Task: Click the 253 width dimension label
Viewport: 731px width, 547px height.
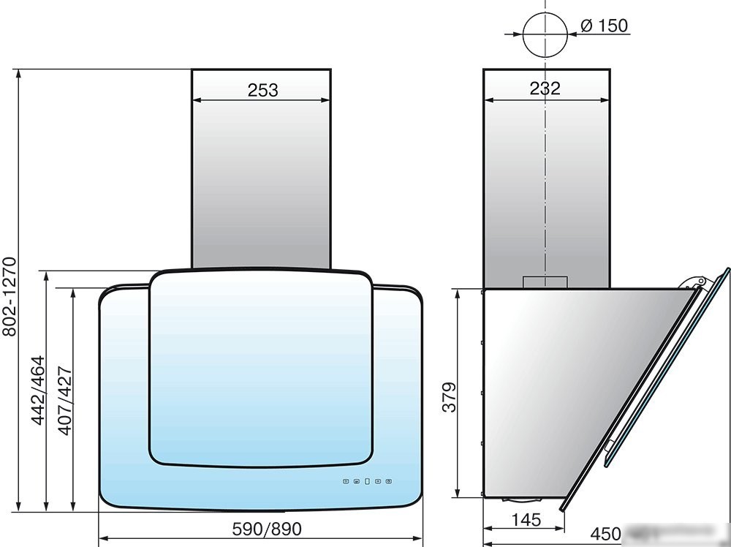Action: pos(262,90)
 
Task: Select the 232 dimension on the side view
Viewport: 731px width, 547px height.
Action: pos(545,88)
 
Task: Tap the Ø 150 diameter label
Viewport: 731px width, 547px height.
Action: pos(605,25)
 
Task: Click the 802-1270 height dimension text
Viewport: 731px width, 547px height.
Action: pos(10,297)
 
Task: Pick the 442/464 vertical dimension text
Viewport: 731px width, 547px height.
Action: pos(38,391)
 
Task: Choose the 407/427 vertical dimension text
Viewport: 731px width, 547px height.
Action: pos(65,401)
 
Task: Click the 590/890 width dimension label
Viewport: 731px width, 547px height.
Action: pos(267,529)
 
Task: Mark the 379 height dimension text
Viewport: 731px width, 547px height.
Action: pos(450,397)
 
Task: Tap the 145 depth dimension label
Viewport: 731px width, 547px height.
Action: pos(526,519)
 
